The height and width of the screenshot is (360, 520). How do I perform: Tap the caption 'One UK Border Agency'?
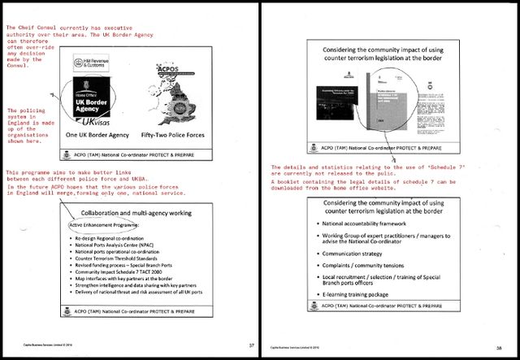pos(97,135)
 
